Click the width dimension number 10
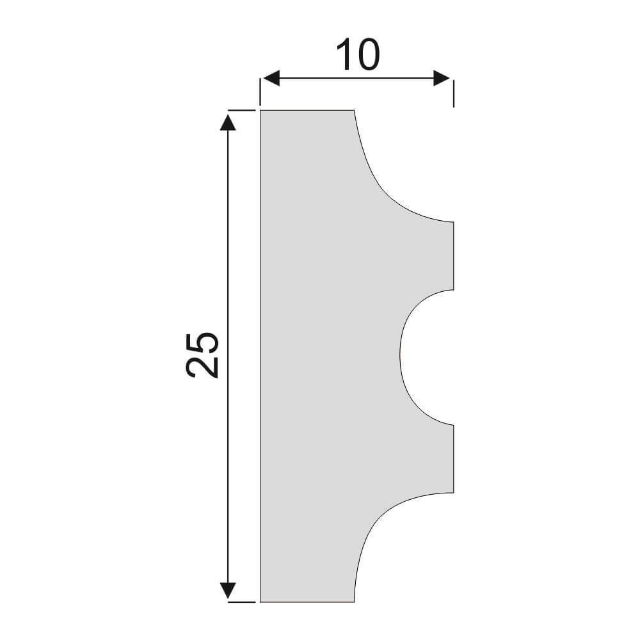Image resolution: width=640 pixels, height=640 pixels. [x=358, y=54]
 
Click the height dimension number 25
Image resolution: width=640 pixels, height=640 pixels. [x=202, y=355]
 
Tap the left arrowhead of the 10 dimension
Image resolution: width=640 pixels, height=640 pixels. [x=271, y=78]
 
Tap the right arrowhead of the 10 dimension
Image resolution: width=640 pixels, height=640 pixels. [x=442, y=78]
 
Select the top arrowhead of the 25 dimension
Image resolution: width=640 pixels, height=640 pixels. [x=228, y=122]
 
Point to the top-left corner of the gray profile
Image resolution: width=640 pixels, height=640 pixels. [x=260, y=110]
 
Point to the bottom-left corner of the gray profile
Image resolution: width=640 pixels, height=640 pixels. [x=260, y=602]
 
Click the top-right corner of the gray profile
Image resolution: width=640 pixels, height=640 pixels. [x=354, y=110]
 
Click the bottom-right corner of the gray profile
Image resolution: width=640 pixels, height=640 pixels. [x=354, y=602]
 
